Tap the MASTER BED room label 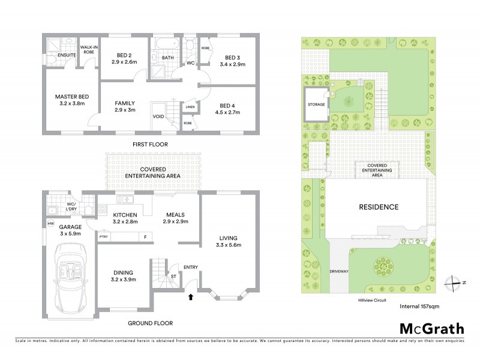pos(72,97)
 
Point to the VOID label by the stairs pos(158,117)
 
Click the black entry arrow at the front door pos(191,296)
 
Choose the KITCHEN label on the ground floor pos(125,215)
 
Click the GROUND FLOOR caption pos(148,323)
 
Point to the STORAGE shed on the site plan pos(317,104)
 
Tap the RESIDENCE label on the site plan pos(379,207)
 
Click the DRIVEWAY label pos(338,271)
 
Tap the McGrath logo pos(431,328)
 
